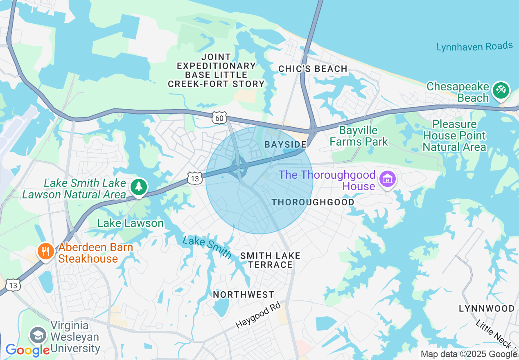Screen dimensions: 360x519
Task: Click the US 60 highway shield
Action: click(x=219, y=118)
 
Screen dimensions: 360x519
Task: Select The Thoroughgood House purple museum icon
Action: click(x=386, y=179)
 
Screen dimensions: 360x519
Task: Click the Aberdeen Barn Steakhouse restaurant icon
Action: click(x=45, y=251)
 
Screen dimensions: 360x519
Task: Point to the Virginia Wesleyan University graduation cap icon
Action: click(x=38, y=335)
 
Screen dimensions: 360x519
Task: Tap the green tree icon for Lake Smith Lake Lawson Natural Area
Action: click(x=139, y=187)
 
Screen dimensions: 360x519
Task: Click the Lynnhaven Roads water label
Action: click(x=474, y=46)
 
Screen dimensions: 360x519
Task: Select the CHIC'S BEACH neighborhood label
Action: click(x=313, y=69)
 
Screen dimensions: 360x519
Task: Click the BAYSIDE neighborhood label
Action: click(x=285, y=144)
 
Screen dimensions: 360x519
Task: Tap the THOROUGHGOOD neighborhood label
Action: click(x=313, y=202)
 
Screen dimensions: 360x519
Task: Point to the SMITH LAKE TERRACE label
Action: click(x=270, y=260)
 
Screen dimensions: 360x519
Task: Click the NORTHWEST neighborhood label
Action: click(x=244, y=295)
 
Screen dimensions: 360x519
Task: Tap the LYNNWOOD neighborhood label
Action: click(x=486, y=308)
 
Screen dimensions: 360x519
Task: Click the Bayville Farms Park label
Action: click(x=359, y=136)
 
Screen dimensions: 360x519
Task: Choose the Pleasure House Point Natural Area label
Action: click(x=454, y=135)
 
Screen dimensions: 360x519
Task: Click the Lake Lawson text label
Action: click(x=130, y=223)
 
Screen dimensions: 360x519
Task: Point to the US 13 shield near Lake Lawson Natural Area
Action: click(x=195, y=178)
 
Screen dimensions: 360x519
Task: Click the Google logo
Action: click(x=27, y=350)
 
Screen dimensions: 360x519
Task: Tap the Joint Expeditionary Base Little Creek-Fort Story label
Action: click(x=216, y=70)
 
